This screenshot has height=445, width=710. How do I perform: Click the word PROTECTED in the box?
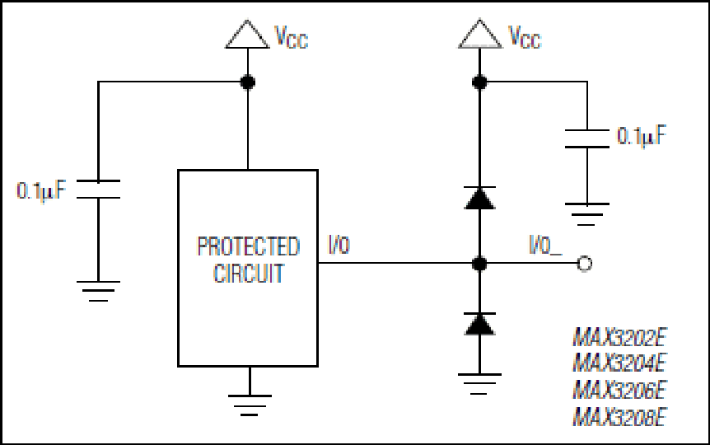point(249,246)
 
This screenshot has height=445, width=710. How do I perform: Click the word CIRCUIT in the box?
point(249,274)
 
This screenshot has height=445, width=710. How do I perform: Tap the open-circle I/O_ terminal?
point(585,263)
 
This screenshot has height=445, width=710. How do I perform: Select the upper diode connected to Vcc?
point(479,198)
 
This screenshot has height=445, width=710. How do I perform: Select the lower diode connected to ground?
point(479,324)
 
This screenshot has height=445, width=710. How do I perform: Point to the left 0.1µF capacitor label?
point(42,190)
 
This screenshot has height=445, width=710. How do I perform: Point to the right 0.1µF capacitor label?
point(642,135)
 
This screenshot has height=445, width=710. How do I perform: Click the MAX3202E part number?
point(619,337)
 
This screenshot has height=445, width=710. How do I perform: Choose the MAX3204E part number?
point(619,363)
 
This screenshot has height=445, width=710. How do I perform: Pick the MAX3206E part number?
point(619,389)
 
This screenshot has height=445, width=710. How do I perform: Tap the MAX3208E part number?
point(619,416)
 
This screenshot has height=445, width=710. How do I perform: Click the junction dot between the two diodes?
point(479,263)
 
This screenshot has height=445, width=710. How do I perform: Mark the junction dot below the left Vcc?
point(247,82)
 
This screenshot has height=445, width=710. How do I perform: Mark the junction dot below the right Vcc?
point(479,82)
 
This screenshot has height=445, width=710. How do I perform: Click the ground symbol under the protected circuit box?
point(250,405)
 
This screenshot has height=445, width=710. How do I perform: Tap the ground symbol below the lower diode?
point(479,384)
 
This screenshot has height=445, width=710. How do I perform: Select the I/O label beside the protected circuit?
point(339,245)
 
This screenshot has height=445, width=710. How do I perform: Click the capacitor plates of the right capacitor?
point(586,138)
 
